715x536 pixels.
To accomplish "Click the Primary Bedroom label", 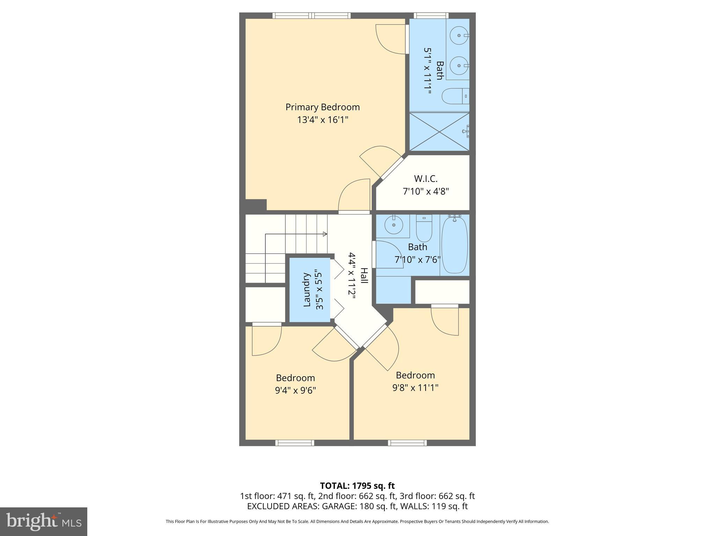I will pos(322,107).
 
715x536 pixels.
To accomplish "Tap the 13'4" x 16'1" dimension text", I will pos(322,120).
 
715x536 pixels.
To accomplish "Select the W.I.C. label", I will pos(426,179).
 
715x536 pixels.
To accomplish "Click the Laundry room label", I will pos(307,290).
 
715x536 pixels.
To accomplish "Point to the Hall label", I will pos(364,275).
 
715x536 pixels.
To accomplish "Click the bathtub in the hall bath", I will pos(454,244).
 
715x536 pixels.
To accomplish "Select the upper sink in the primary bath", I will pos(458,36).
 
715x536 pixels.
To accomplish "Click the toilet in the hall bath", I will pos(424,229).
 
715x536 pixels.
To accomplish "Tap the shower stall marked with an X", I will pos(439,132).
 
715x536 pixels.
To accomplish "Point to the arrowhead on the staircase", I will pos(325,234).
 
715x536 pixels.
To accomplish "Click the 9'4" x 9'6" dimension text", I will pos(295,390).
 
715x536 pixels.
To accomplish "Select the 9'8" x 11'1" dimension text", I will pos(415,387).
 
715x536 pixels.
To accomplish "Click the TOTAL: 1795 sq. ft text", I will pos(357,486).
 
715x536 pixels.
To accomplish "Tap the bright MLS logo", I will pos(43,521).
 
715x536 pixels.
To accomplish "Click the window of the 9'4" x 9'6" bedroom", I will pos(295,443).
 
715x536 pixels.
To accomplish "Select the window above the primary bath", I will pos(431,15).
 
